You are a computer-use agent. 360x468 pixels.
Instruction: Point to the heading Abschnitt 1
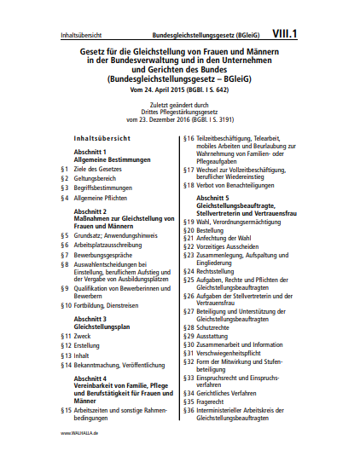[91, 151]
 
